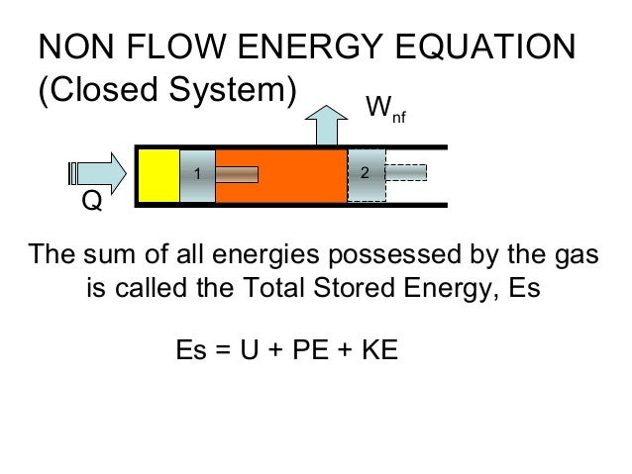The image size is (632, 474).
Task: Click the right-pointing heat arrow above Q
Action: [x=99, y=173]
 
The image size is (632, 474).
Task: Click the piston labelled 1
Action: [x=196, y=174]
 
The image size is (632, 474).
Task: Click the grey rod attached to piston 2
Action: [x=405, y=174]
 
